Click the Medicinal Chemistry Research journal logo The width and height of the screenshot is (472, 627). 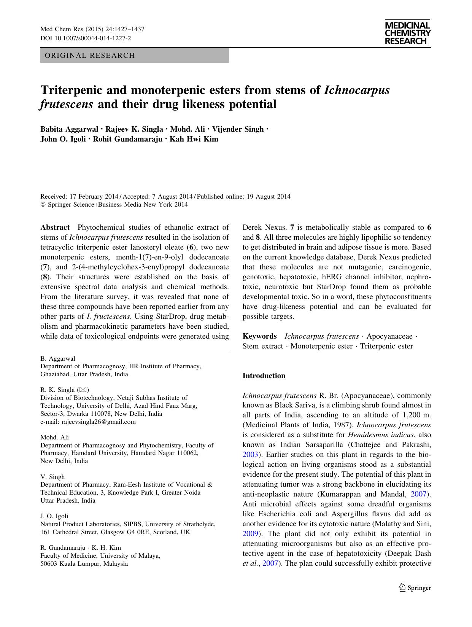[407, 33]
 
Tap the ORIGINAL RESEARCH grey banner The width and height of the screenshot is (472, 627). [134, 56]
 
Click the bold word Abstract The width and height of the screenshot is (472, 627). [55, 228]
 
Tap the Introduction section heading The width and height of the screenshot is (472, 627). [264, 376]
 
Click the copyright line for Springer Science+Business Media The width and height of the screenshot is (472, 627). [114, 205]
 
